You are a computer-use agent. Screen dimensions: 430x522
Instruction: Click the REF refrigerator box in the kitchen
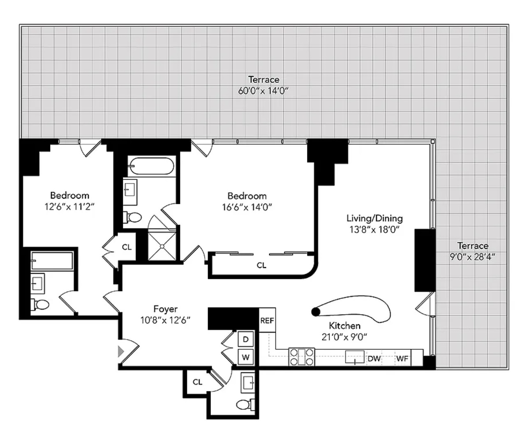click(267, 320)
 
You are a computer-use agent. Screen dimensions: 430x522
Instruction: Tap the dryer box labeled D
click(246, 340)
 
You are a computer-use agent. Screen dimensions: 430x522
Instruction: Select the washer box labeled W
click(246, 357)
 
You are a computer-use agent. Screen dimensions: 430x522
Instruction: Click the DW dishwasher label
click(374, 358)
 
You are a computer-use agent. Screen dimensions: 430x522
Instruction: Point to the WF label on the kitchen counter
click(402, 358)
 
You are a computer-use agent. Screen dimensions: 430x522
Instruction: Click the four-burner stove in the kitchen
click(302, 357)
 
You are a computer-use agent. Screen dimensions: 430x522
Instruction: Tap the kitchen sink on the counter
click(355, 357)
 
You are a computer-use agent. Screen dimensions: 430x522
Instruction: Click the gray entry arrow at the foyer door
click(121, 351)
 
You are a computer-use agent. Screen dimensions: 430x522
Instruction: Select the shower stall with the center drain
click(162, 246)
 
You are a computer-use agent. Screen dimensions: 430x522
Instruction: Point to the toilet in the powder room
click(245, 405)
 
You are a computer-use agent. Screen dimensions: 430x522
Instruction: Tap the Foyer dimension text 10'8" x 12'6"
click(165, 320)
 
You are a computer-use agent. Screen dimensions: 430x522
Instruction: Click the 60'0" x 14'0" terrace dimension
click(263, 91)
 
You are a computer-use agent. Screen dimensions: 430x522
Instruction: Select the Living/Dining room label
click(374, 218)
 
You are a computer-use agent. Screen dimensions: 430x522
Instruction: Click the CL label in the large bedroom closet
click(261, 266)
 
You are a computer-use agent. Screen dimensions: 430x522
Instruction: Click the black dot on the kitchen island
click(316, 312)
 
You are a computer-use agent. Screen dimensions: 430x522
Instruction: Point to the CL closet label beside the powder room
click(197, 382)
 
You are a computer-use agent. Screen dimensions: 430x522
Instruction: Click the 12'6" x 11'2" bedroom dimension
click(69, 206)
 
